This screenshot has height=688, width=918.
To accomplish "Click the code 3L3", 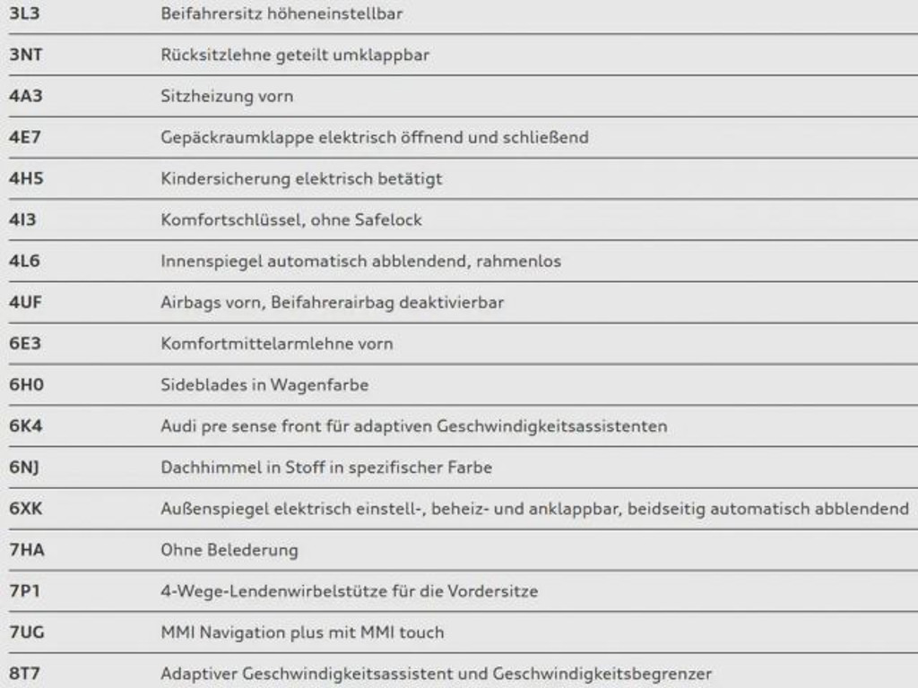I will [x=24, y=13].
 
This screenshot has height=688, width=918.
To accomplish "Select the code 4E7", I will [x=24, y=137].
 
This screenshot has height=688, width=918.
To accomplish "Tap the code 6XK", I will [x=26, y=509].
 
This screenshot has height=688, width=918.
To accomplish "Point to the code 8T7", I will [x=24, y=674].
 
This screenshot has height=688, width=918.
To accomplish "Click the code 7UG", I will [x=26, y=632].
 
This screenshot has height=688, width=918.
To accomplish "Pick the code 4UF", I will [x=25, y=303].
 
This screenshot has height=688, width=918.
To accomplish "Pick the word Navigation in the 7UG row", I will [x=241, y=632].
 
